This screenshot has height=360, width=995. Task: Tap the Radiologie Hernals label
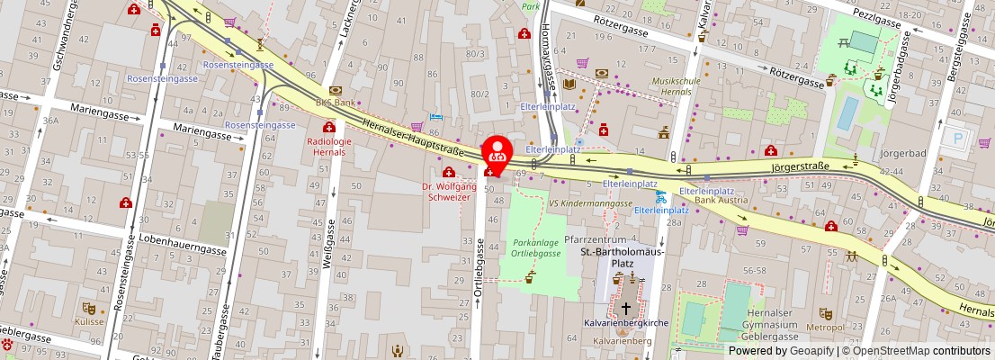327,147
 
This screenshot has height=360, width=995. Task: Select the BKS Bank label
335,103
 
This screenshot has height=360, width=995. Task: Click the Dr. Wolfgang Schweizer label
447,191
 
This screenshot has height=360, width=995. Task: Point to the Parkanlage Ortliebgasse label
536,248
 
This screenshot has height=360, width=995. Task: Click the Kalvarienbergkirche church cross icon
626,308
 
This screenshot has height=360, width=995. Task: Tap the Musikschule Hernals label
676,86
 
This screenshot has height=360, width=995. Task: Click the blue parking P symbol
958,139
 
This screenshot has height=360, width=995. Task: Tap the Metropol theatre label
826,327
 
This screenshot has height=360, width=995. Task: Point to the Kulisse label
89,321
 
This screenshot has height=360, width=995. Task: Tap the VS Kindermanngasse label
590,203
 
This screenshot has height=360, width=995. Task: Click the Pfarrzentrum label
595,240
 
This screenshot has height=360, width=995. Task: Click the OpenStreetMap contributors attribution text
915,351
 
